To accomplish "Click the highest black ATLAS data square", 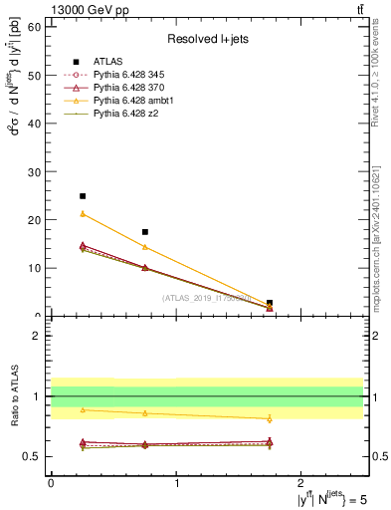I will pos(83,196).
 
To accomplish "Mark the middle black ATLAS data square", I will pos(145,232).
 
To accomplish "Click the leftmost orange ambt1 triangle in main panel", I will pos(83,214).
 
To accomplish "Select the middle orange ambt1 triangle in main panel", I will pos(145,247).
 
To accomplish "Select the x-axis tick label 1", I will pos(177,483).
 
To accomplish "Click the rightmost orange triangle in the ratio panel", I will pos(270,419).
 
